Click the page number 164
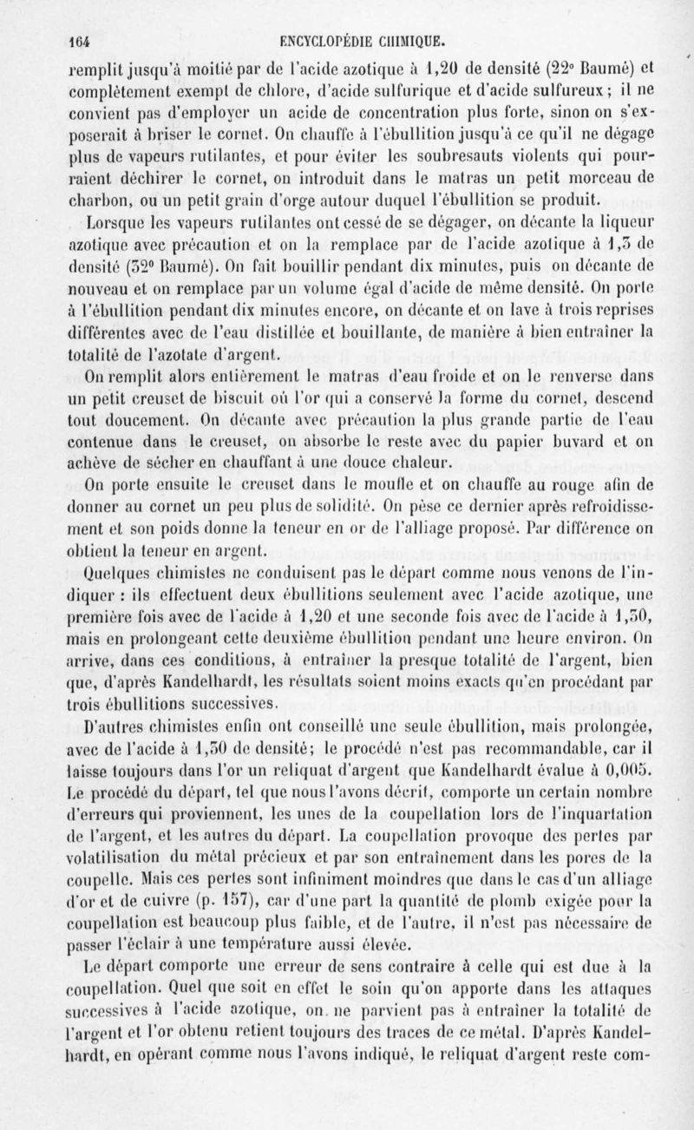[x=82, y=38]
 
